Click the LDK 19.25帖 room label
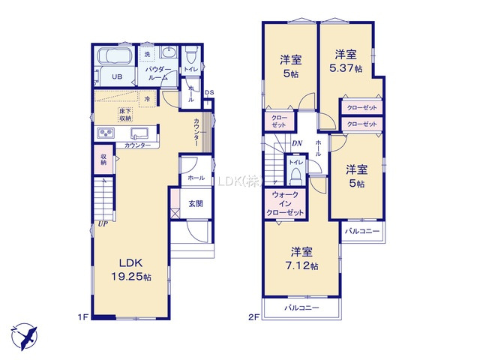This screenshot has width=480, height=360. click(x=128, y=268)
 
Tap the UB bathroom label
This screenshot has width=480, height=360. click(x=117, y=76)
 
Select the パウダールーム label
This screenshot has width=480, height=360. click(x=157, y=73)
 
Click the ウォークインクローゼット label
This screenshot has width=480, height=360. click(x=285, y=203)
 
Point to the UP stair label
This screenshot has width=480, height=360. click(x=100, y=223)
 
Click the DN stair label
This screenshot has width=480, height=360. click(x=296, y=144)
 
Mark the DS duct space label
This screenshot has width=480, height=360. click(x=208, y=93)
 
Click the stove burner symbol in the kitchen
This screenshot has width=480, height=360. click(x=104, y=133)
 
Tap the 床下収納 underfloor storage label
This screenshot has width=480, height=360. click(x=125, y=115)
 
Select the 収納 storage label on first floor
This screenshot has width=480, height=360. click(x=103, y=159)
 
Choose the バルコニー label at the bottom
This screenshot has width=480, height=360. click(x=302, y=308)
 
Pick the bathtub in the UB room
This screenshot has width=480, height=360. click(x=116, y=57)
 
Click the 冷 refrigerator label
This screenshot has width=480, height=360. click(x=147, y=98)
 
